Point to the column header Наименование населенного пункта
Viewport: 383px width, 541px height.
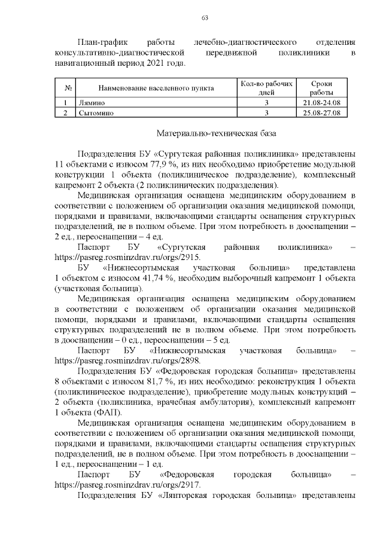[156, 88]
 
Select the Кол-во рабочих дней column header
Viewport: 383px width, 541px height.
[266, 88]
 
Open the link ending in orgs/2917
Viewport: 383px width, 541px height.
[127, 485]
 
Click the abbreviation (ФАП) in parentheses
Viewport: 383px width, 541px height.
[109, 412]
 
